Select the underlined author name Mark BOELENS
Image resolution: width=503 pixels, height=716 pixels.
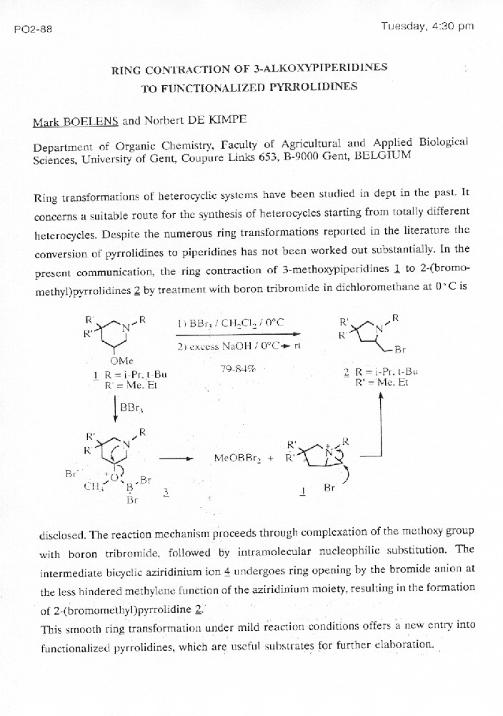coord(73,122)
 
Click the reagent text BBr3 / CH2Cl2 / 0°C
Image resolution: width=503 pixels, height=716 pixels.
coord(230,323)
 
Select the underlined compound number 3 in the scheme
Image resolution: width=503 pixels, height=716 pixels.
coord(166,492)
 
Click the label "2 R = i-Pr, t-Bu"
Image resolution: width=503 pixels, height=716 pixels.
coord(380,371)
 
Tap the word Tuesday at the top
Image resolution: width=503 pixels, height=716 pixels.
coord(404,26)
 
